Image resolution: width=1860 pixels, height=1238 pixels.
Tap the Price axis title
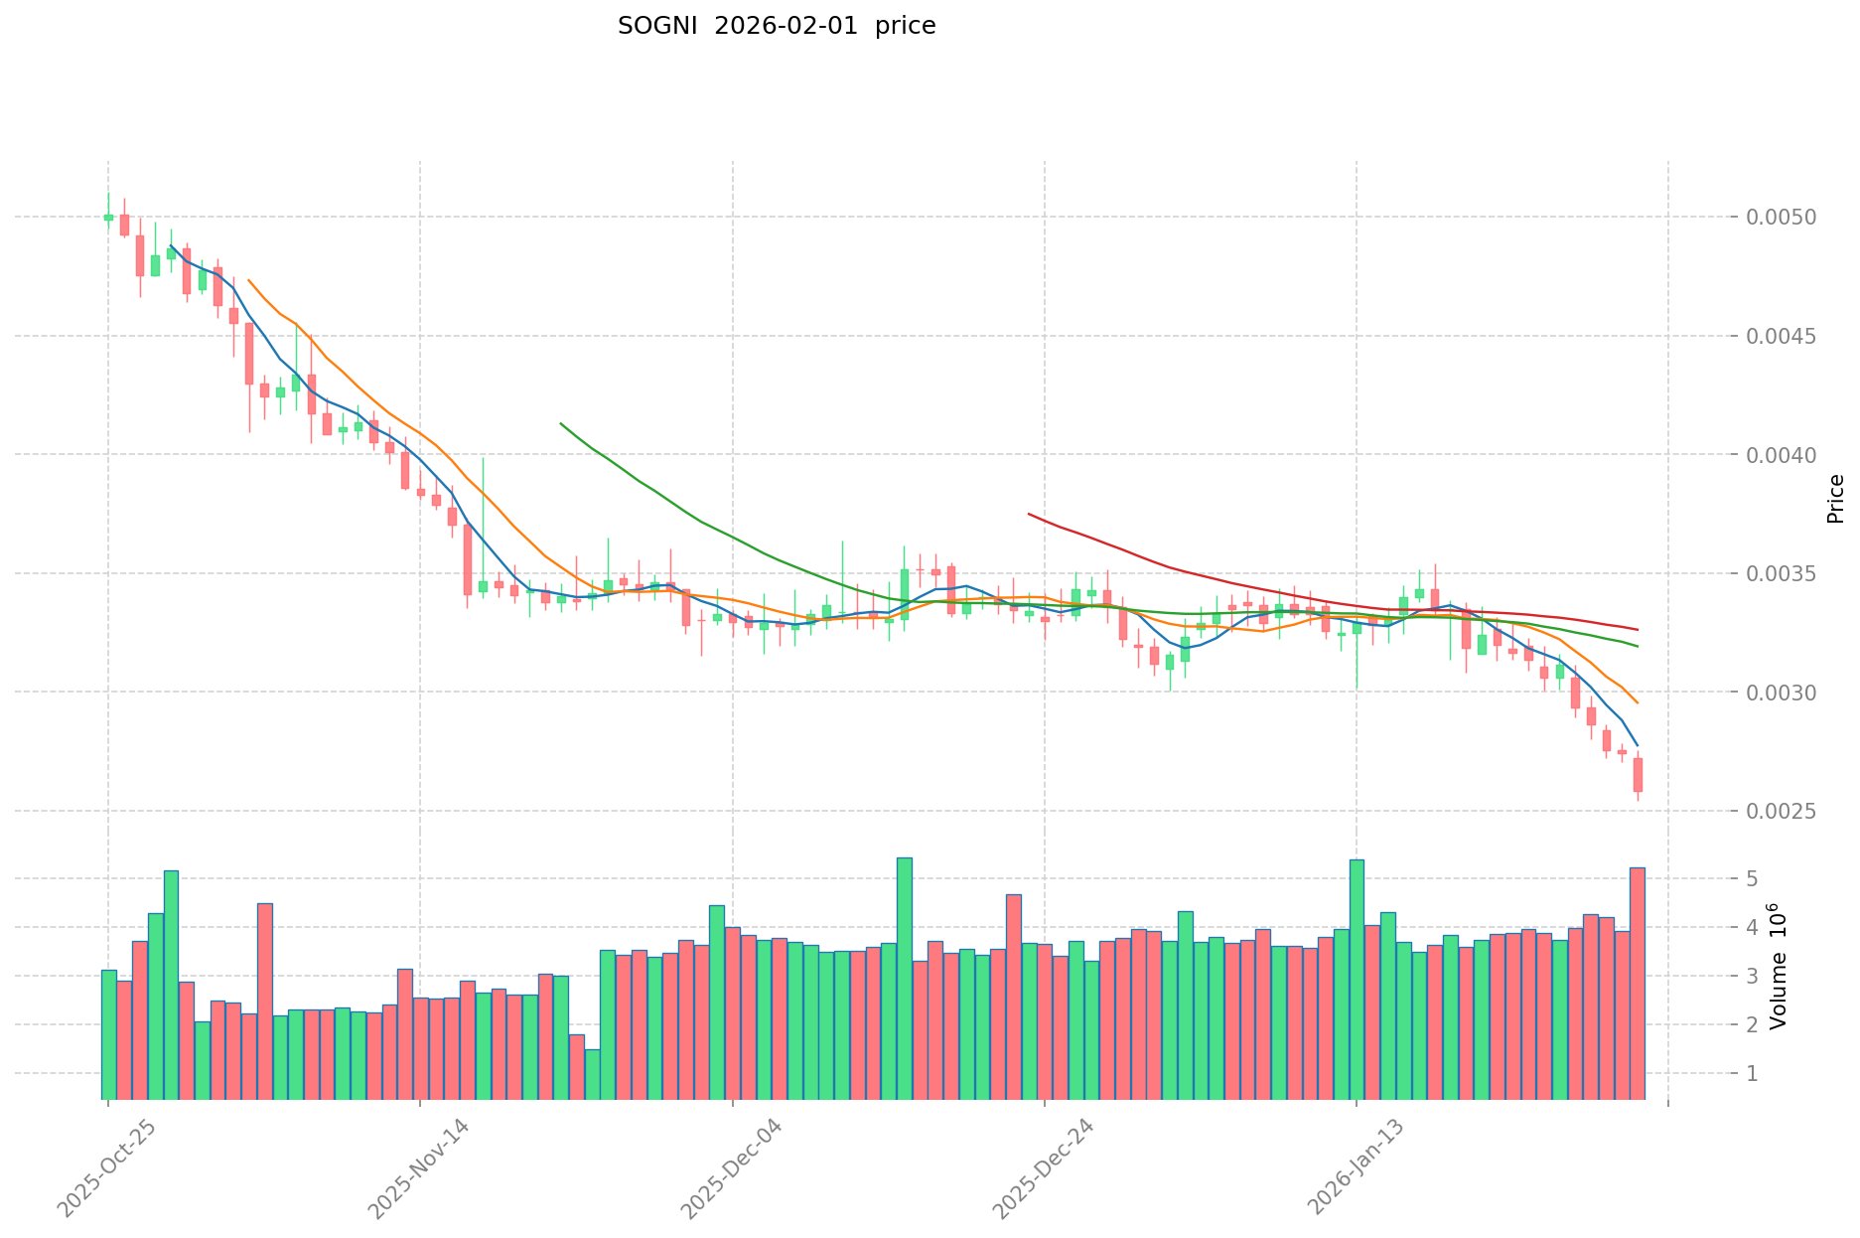coord(1835,499)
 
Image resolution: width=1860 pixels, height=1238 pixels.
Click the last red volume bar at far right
coord(1638,984)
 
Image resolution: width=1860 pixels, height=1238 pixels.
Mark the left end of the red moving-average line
coord(1029,514)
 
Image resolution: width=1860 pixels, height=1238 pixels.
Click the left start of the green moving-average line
coord(561,423)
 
